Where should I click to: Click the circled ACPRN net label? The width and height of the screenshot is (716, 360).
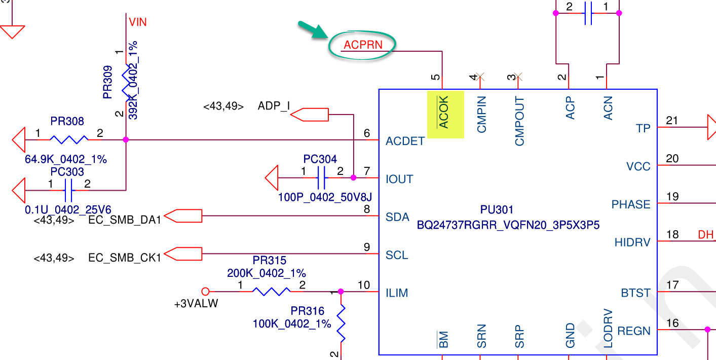pyautogui.click(x=363, y=45)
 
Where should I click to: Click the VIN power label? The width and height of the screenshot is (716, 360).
pyautogui.click(x=138, y=22)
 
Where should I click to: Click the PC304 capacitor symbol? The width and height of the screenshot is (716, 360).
pyautogui.click(x=321, y=178)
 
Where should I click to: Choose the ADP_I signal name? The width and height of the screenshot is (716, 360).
pyautogui.click(x=274, y=106)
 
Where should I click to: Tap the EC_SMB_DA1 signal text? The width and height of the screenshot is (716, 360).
pyautogui.click(x=124, y=220)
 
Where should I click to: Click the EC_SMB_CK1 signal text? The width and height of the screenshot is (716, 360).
pyautogui.click(x=124, y=258)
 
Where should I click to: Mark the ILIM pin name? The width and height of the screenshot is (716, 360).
pyautogui.click(x=397, y=293)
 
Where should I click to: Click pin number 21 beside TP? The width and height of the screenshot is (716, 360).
pyautogui.click(x=672, y=121)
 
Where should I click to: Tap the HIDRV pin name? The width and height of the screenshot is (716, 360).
pyautogui.click(x=632, y=242)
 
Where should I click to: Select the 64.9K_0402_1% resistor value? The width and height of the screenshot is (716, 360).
pyautogui.click(x=66, y=159)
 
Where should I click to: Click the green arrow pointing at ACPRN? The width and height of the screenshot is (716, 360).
pyautogui.click(x=312, y=30)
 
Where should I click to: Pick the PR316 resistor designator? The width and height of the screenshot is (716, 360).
pyautogui.click(x=307, y=311)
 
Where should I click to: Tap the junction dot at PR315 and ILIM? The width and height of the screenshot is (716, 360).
pyautogui.click(x=341, y=292)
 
